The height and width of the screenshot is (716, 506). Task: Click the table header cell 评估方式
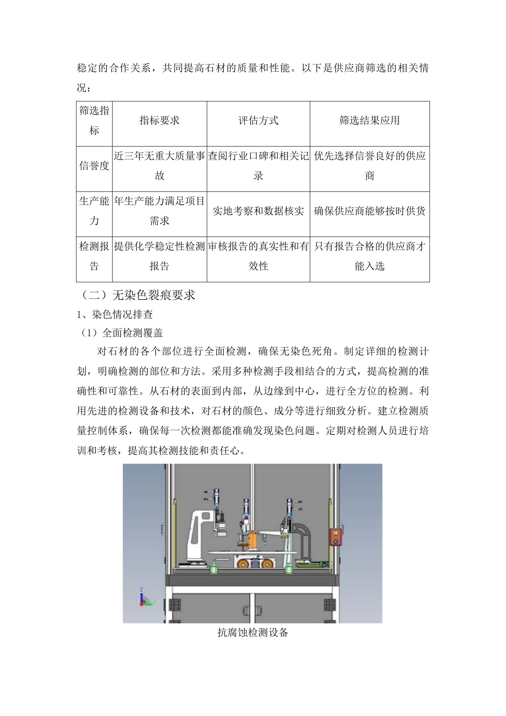coord(258,120)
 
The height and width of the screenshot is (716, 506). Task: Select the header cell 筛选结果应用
coord(370,120)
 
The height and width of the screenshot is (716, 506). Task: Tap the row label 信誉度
coord(94,166)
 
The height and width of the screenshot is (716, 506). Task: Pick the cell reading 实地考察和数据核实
coord(258,211)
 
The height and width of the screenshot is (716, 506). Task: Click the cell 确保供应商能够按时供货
coord(370,211)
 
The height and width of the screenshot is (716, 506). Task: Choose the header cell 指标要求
coord(159,120)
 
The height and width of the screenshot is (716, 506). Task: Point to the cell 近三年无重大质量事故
coord(159,166)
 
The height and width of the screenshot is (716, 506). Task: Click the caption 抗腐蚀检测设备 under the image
coord(253,633)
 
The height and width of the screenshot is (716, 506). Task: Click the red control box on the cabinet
coord(335,537)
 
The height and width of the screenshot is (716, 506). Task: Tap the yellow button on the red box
coord(335,533)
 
